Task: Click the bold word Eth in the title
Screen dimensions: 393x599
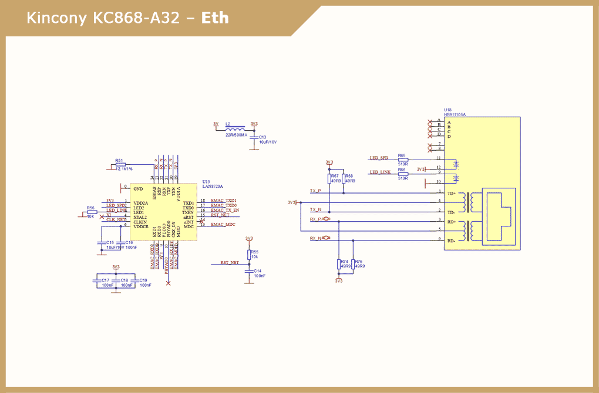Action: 215,18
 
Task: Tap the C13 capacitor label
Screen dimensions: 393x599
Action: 263,137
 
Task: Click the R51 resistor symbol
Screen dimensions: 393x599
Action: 120,165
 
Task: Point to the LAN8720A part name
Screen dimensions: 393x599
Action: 212,186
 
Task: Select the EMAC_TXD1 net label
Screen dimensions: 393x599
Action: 223,201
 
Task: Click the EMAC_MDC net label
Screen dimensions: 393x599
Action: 223,225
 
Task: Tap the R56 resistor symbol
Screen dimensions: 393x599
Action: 92,212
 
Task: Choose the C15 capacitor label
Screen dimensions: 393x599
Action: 110,242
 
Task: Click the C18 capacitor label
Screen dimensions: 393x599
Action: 124,280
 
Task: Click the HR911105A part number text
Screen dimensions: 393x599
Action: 455,114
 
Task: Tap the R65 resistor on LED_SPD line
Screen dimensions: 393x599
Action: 402,160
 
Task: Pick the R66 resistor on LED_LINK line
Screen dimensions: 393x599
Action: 402,174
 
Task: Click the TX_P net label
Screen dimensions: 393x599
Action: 315,191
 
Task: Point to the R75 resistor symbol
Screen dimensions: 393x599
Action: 353,264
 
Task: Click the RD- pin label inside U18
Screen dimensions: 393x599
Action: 452,241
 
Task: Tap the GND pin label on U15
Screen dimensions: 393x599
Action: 138,189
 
